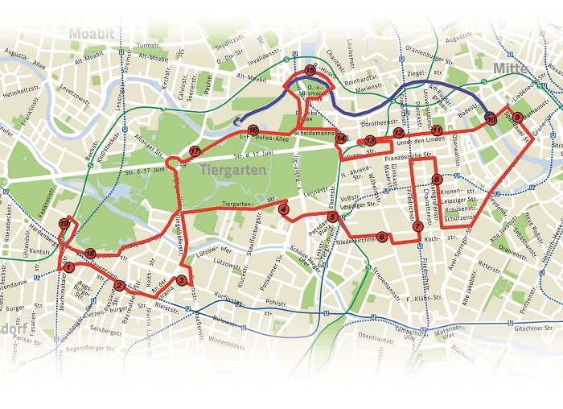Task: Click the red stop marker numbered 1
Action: tap(69, 266)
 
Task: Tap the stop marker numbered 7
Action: tap(417, 227)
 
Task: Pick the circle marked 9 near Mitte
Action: tap(517, 117)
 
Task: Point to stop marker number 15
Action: tap(310, 71)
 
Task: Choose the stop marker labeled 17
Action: tap(195, 151)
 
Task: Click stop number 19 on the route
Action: tap(64, 223)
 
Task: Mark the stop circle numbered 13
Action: tap(370, 141)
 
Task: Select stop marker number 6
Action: tap(382, 237)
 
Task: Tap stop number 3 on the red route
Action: tap(182, 280)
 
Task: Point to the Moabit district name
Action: tap(92, 34)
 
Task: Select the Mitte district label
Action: tap(510, 68)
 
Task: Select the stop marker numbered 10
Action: tap(491, 121)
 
